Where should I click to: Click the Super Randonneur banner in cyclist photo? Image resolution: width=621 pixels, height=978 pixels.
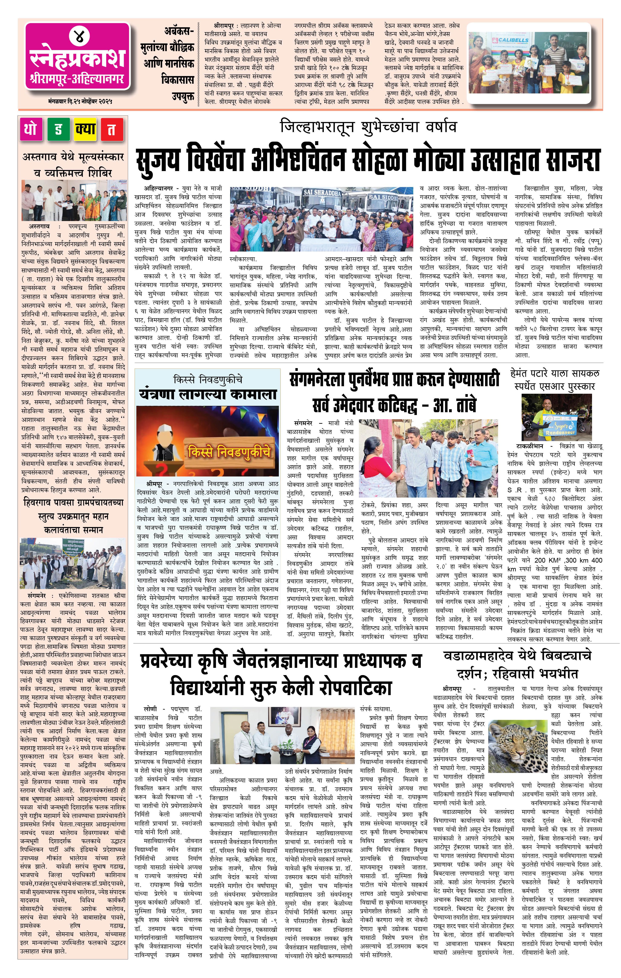point(562,428)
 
